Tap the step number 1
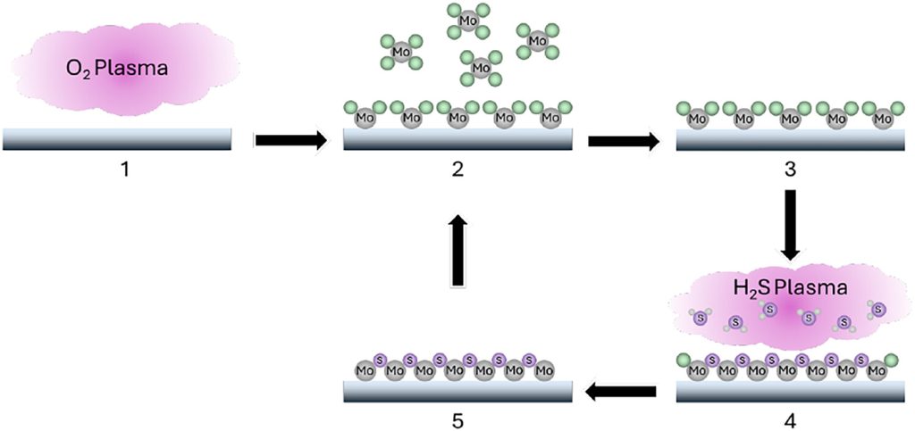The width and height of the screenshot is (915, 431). (x=124, y=170)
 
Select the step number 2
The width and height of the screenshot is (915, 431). (x=457, y=170)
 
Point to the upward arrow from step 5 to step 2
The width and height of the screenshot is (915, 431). (x=457, y=251)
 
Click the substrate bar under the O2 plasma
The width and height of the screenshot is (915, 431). (x=117, y=138)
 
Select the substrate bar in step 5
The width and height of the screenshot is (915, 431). (x=457, y=391)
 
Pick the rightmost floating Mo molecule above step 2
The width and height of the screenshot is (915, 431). (x=537, y=41)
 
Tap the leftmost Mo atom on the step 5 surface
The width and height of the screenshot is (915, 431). (x=365, y=369)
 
